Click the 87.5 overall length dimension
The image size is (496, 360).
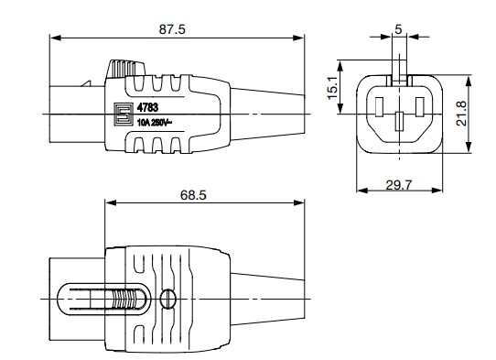172,29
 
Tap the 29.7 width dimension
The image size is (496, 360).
400,185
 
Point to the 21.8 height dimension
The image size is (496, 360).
478,114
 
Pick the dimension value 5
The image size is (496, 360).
398,29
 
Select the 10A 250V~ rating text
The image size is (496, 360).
157,120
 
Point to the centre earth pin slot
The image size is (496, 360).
398,119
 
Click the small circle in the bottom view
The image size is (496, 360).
167,299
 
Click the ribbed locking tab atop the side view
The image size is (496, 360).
127,70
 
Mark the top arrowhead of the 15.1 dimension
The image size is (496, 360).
342,63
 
